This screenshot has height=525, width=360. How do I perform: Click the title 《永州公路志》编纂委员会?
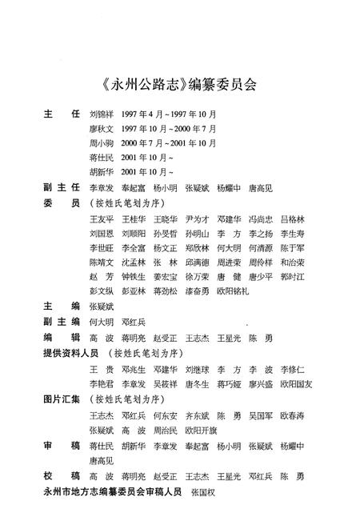(180, 82)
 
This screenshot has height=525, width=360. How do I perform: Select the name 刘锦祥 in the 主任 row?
(102, 114)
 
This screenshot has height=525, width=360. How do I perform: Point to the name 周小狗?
(102, 142)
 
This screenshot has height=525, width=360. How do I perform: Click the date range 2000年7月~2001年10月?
(169, 142)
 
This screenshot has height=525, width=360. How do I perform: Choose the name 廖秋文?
(102, 128)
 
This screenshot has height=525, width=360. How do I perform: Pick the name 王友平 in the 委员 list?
(102, 218)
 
